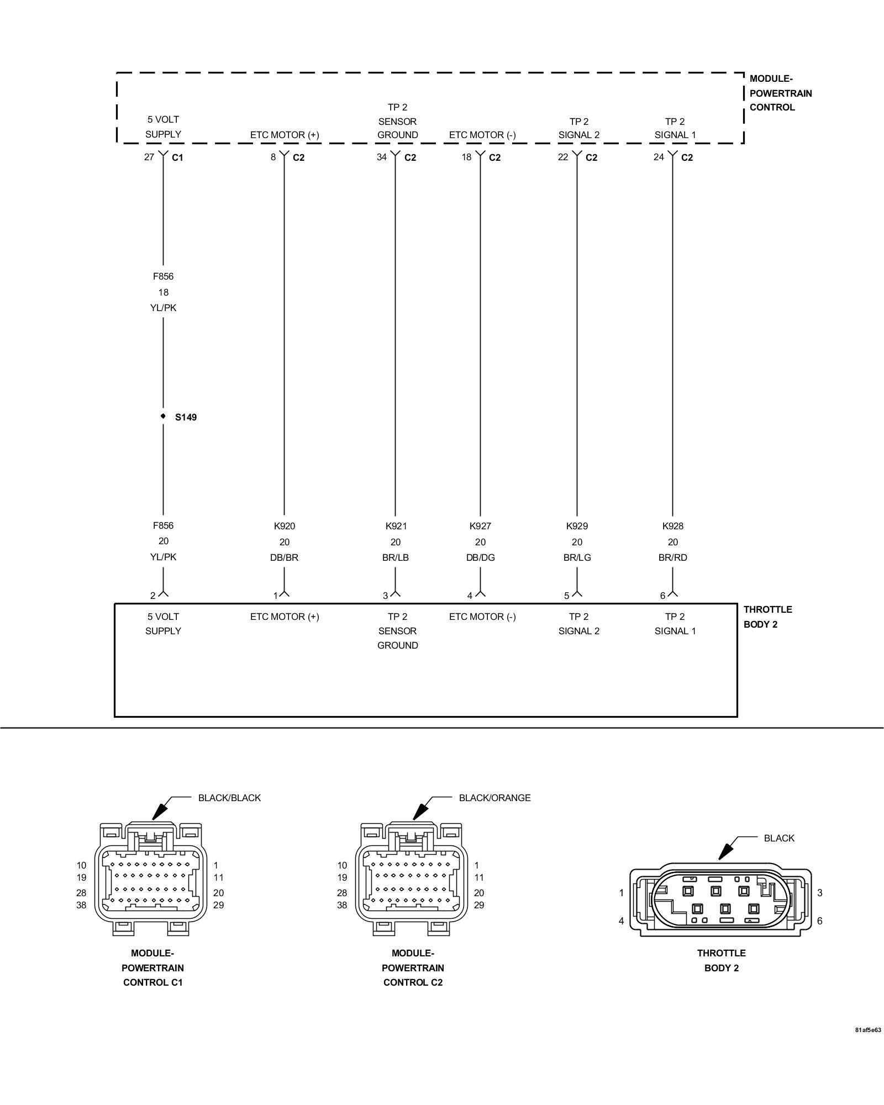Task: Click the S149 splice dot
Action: tap(163, 416)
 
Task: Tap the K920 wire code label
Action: tap(284, 526)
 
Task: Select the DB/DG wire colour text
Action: tap(480, 557)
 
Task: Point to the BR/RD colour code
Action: tap(672, 557)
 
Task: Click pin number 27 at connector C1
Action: tap(149, 157)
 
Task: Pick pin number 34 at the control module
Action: tap(382, 157)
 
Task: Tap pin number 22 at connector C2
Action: tap(563, 157)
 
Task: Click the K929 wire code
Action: tap(577, 526)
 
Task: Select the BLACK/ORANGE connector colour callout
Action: tap(494, 798)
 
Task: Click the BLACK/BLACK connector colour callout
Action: tap(229, 798)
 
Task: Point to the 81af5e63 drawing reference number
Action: tap(868, 1030)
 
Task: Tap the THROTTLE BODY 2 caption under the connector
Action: tap(721, 960)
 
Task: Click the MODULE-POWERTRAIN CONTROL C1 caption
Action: tap(152, 967)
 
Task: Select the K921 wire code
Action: tap(396, 526)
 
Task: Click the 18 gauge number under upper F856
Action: tap(163, 292)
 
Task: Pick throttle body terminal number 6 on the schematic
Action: tap(662, 596)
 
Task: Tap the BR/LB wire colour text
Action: tap(396, 557)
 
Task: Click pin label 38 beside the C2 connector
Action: tap(342, 905)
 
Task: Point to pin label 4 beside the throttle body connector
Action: tap(621, 921)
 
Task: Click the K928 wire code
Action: tap(672, 526)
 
